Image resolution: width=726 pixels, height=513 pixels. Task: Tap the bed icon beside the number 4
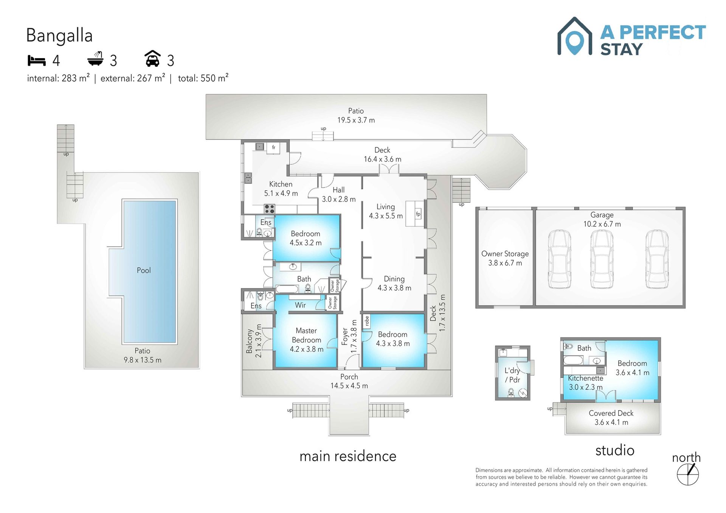click(x=37, y=60)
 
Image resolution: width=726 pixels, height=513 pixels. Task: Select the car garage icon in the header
click(x=153, y=59)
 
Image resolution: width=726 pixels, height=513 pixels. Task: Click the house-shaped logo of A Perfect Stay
click(x=575, y=36)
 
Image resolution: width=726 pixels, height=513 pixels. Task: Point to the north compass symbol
click(x=688, y=474)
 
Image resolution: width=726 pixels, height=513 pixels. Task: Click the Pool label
click(x=144, y=270)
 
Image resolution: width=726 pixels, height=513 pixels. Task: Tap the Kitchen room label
click(x=281, y=184)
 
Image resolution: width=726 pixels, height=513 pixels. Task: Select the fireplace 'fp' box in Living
click(x=418, y=214)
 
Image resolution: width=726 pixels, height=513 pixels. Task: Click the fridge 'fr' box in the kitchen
click(x=273, y=147)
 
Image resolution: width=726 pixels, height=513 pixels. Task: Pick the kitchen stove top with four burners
click(x=269, y=209)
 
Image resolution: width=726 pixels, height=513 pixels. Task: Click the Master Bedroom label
click(x=306, y=335)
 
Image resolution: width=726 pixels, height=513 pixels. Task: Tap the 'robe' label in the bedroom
click(x=366, y=321)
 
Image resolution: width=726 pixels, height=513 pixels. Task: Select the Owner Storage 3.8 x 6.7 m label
click(x=505, y=258)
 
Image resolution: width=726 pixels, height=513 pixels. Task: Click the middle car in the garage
click(x=602, y=259)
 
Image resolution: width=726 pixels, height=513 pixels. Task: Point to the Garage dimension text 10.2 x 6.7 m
click(x=602, y=224)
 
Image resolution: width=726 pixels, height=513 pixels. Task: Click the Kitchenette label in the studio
click(x=585, y=378)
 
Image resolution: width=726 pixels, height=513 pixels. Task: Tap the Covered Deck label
click(x=611, y=413)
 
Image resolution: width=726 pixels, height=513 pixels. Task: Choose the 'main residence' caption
click(x=348, y=456)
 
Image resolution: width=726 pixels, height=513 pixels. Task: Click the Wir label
click(x=300, y=305)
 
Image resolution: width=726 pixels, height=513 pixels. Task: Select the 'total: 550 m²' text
click(x=203, y=78)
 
